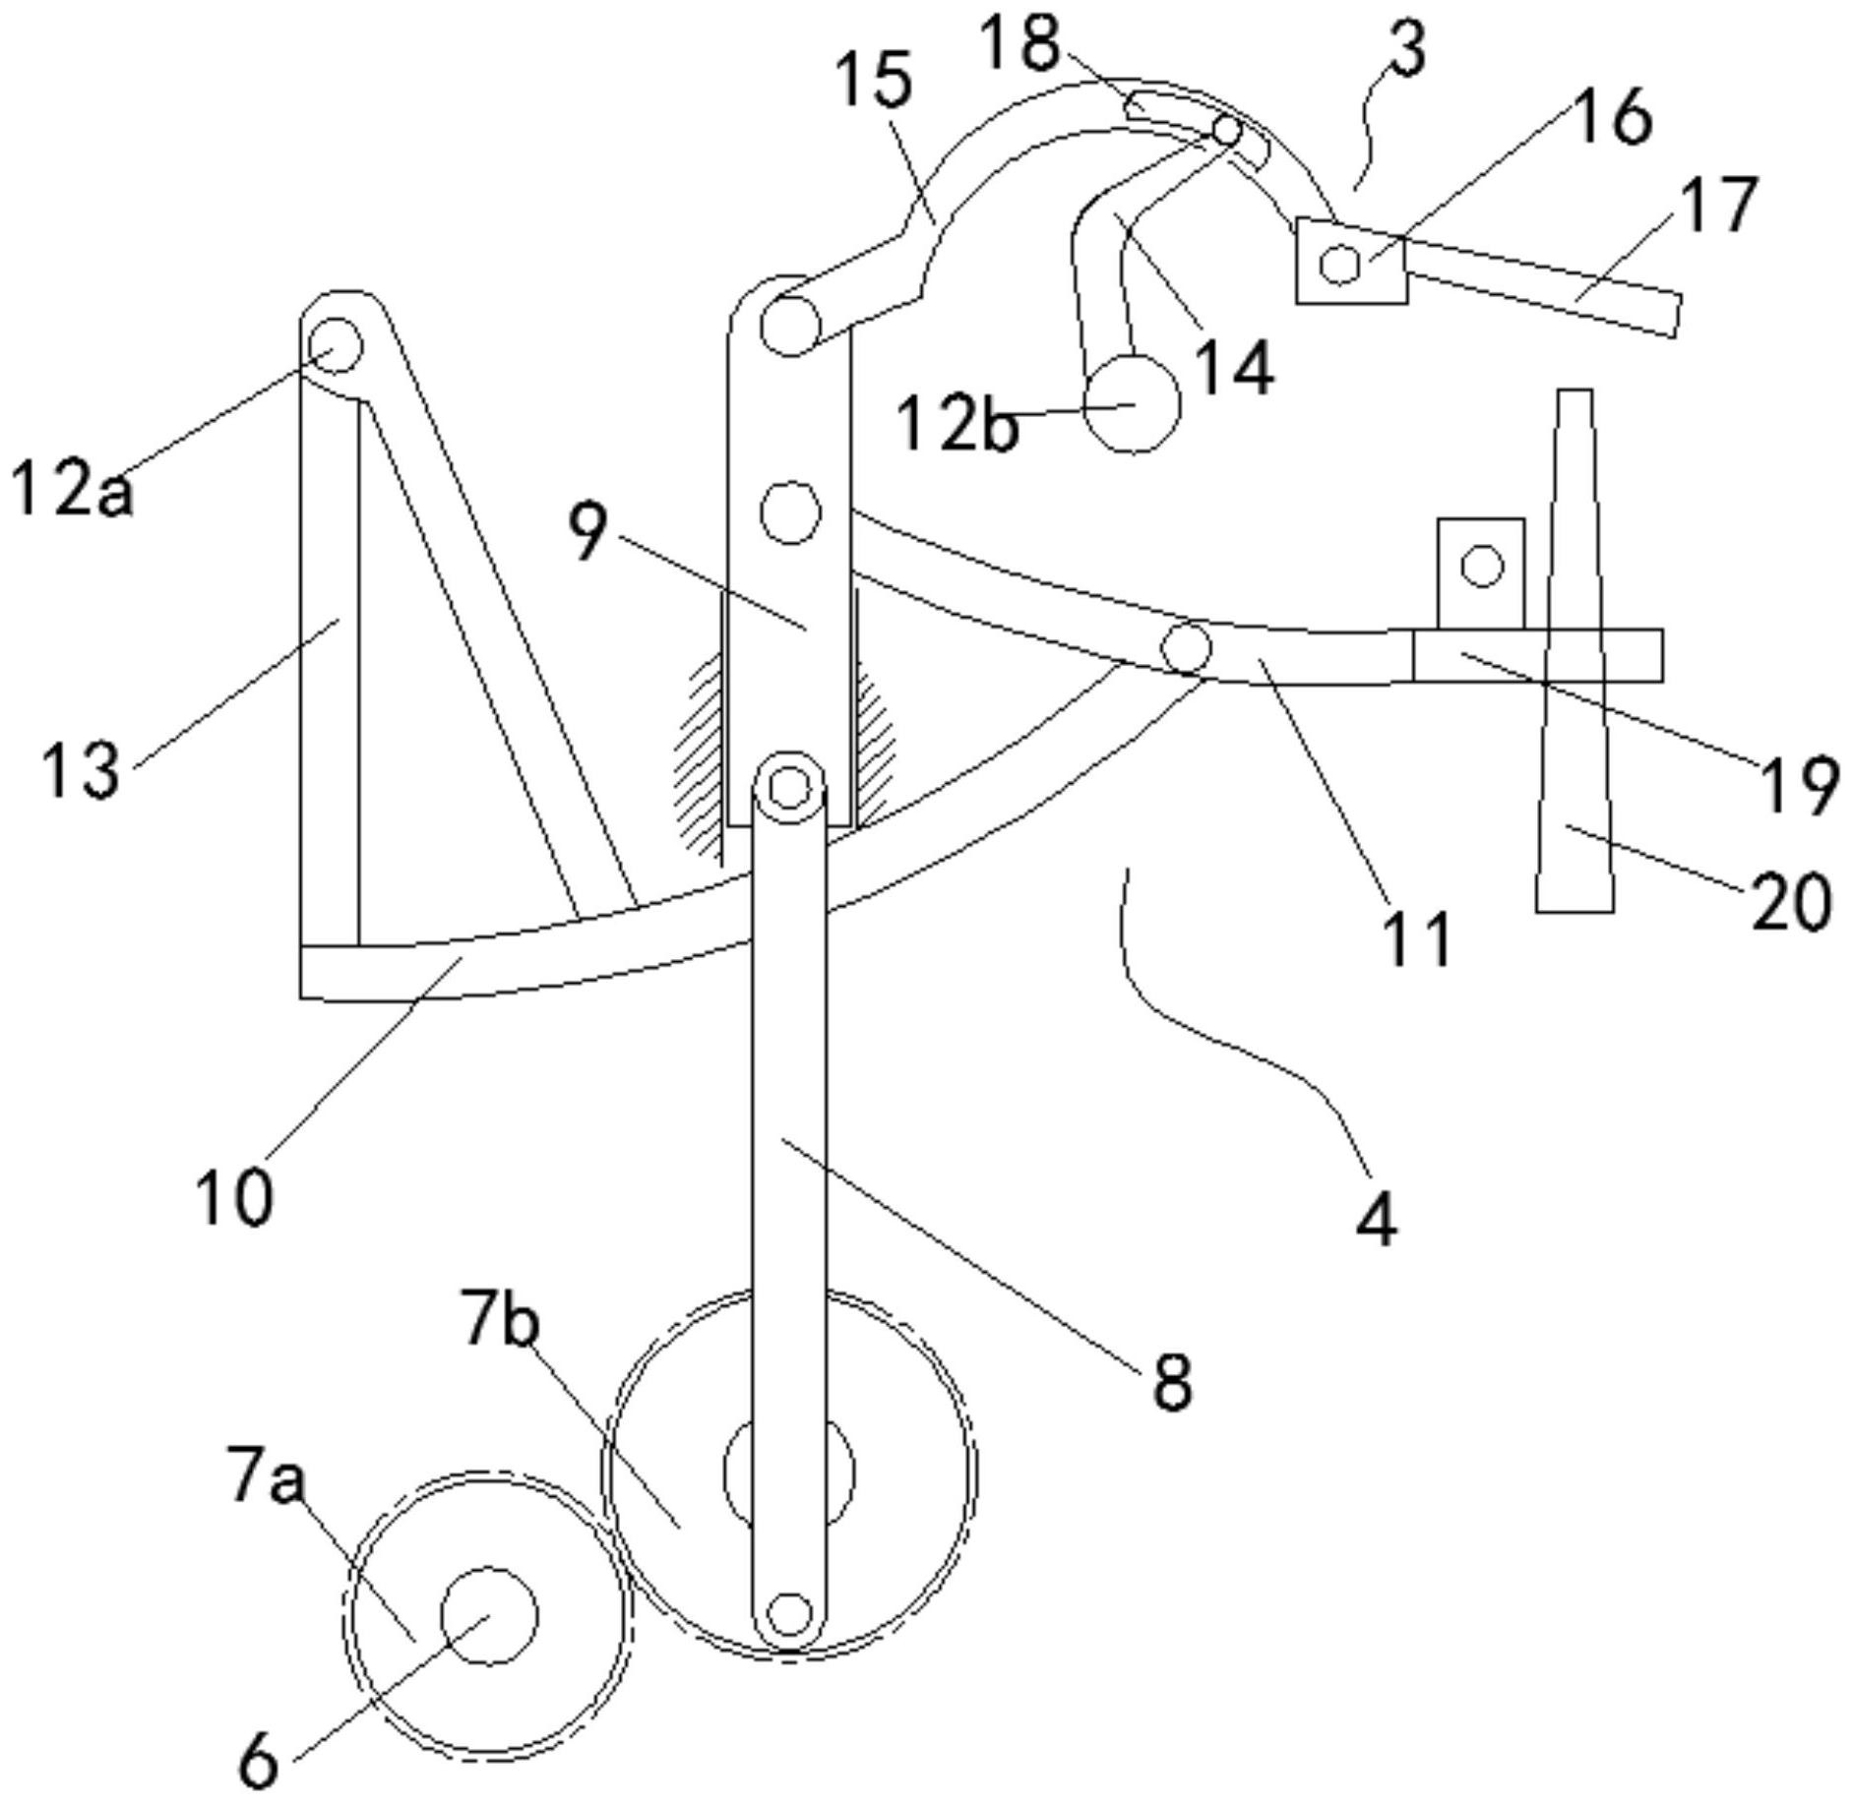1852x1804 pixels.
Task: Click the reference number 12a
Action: point(71,488)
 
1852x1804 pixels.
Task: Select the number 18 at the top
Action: point(1022,43)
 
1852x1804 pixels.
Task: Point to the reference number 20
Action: point(1790,901)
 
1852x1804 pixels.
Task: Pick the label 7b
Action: point(501,1321)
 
